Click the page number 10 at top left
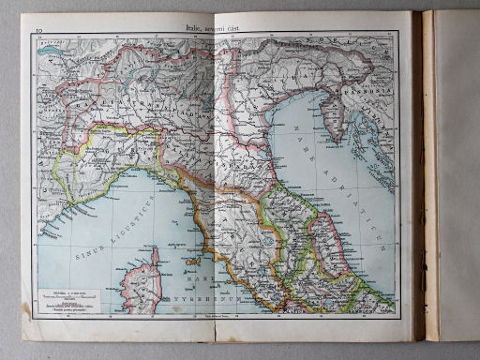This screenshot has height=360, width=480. click(x=39, y=31)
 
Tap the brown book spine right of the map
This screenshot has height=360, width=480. click(x=419, y=178)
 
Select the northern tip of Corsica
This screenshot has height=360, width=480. click(x=155, y=251)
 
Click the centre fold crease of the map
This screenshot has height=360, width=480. click(x=217, y=178)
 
